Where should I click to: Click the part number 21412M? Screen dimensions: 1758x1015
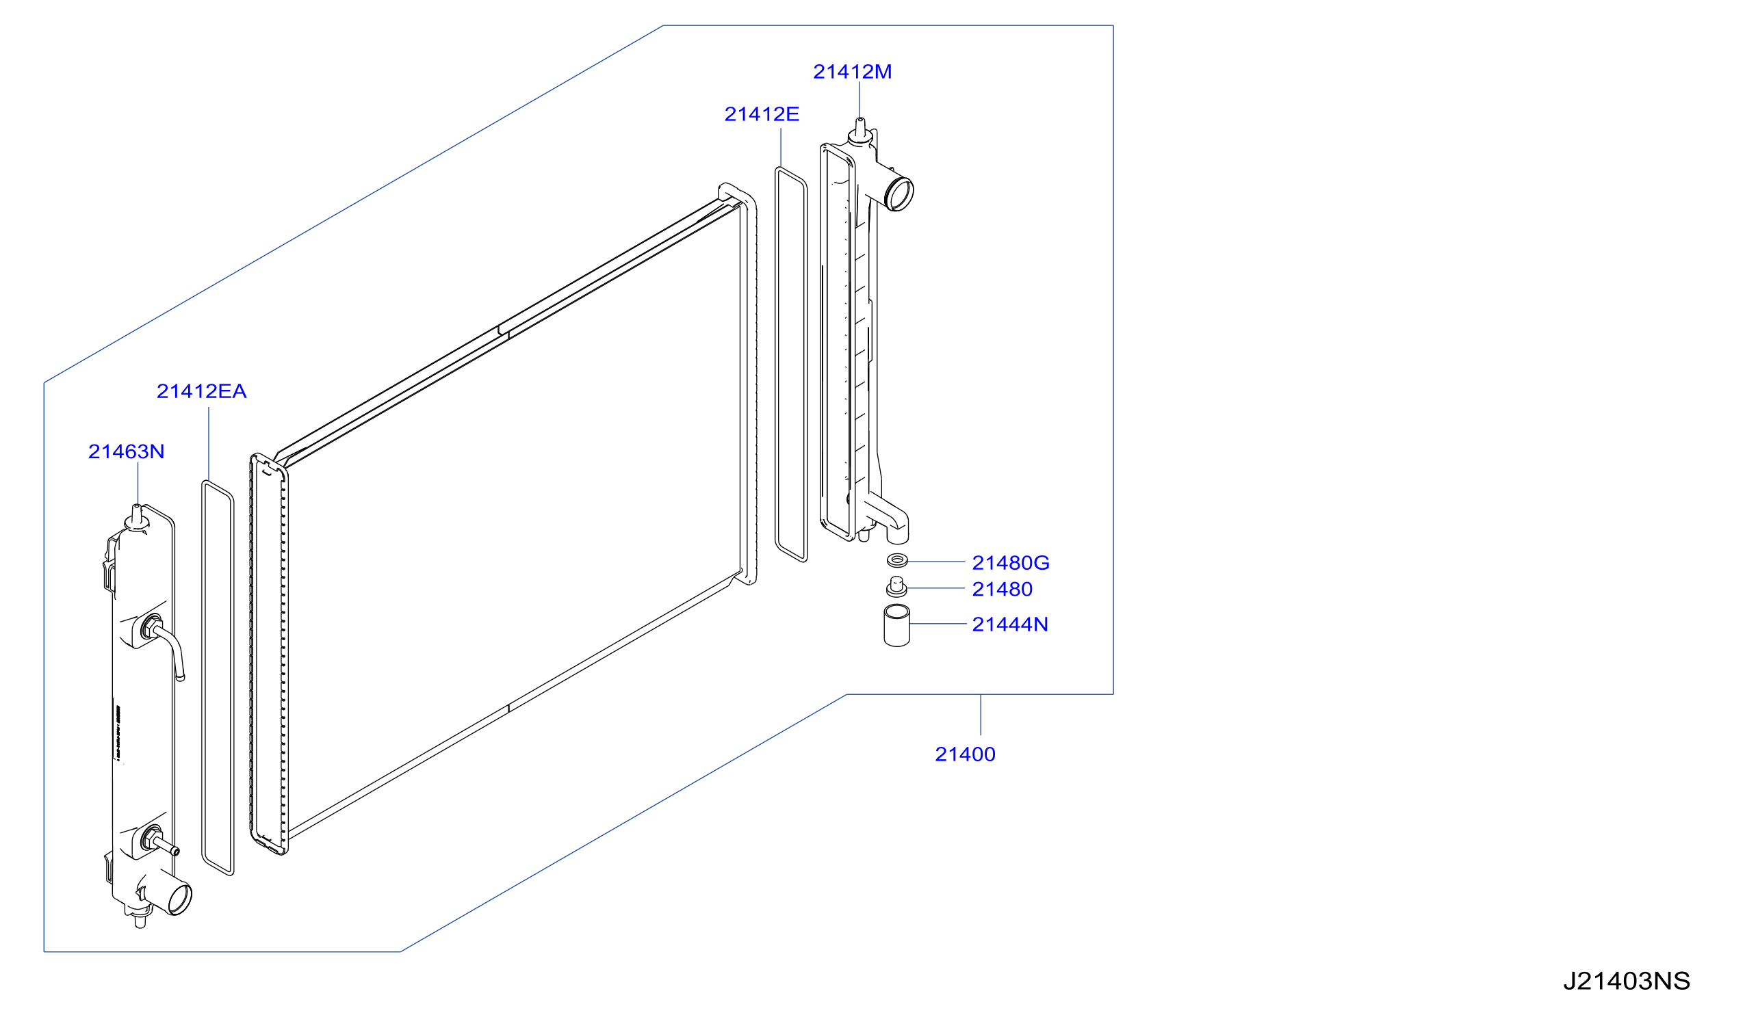[x=851, y=72]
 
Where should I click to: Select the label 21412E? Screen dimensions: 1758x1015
[x=762, y=114]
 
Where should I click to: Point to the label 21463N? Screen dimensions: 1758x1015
[x=126, y=451]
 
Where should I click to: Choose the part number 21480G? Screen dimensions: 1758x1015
[x=1010, y=563]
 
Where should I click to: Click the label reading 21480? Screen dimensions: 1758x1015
[x=1001, y=590]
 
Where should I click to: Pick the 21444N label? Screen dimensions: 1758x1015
[x=1009, y=624]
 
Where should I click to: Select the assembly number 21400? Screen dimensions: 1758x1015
[x=964, y=754]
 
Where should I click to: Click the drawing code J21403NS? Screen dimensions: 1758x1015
[x=1625, y=981]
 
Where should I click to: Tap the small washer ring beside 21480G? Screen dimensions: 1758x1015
[x=896, y=559]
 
